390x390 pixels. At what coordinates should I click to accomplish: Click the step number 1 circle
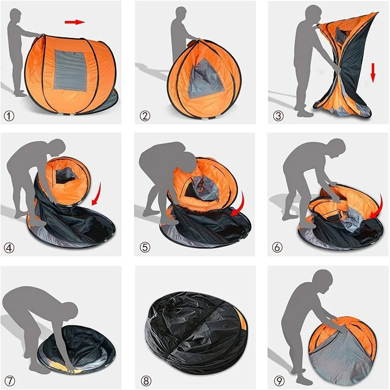coord(9,116)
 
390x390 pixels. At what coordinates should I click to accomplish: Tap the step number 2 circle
coord(145,116)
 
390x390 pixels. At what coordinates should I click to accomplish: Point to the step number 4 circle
coord(9,248)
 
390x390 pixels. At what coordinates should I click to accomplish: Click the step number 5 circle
coord(145,248)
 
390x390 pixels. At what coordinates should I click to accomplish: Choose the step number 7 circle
coord(9,380)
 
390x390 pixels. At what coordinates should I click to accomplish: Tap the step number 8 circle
coord(146,380)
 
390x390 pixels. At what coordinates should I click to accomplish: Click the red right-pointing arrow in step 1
coord(74,22)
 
